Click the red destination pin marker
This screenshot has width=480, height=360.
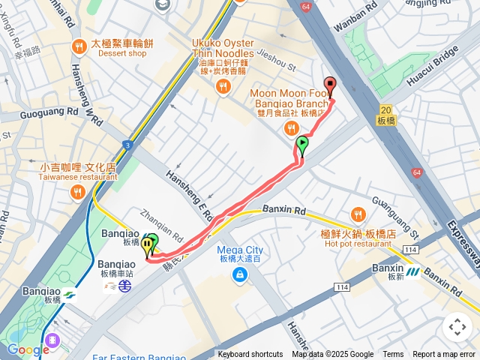point(328,85)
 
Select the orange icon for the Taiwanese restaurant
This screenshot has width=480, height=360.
point(76,193)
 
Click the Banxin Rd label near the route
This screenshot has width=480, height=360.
point(284,211)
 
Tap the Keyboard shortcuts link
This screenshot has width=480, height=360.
point(250,355)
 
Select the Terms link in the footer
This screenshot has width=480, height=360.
point(393,355)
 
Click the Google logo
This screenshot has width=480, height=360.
point(28,349)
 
